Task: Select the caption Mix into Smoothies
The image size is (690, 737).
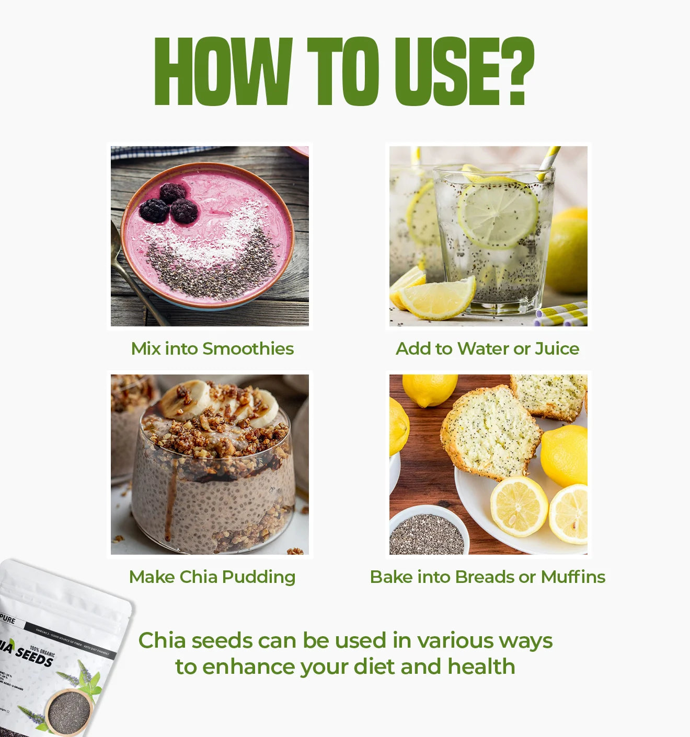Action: tap(212, 348)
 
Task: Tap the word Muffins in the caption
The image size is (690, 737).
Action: tap(573, 577)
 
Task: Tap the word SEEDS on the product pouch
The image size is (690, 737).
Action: tap(34, 655)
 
